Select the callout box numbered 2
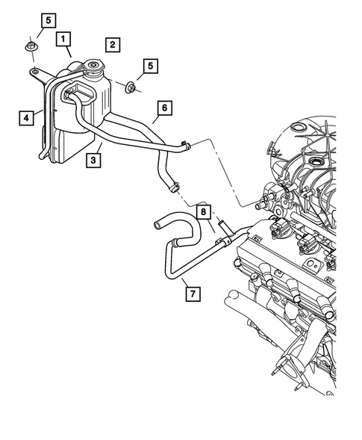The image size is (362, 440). coord(112,44)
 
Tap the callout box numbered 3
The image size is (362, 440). coord(93,159)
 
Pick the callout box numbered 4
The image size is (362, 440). coord(26,117)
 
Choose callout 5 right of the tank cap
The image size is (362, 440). coord(151,66)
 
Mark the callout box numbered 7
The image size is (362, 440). coord(192,292)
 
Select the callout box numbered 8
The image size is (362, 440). coord(203,211)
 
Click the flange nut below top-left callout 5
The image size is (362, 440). coord(32,49)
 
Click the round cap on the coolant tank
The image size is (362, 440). coord(95,70)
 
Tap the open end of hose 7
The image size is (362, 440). coord(157,222)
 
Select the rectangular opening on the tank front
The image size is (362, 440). coord(77,95)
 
